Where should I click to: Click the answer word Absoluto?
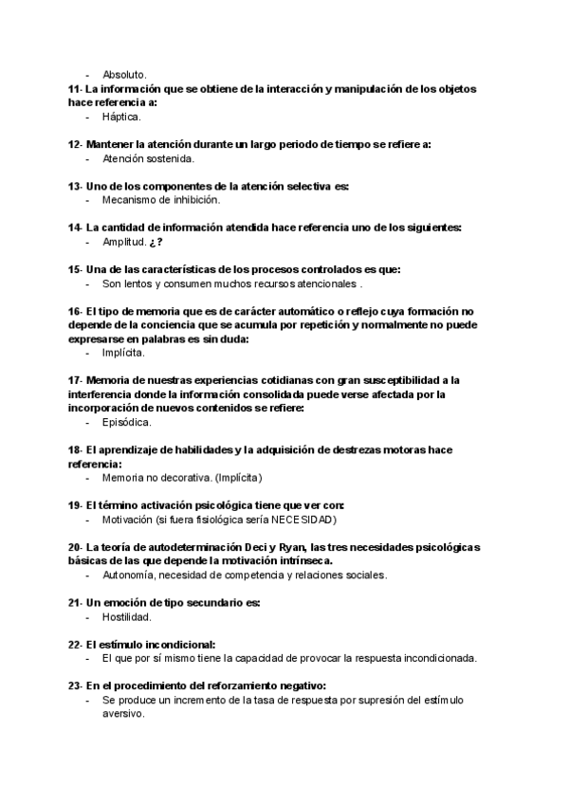(x=124, y=74)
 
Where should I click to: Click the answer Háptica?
(x=121, y=117)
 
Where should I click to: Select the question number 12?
(x=74, y=144)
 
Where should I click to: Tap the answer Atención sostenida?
(x=148, y=158)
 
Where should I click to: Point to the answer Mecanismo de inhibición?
(x=160, y=200)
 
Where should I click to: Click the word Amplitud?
(x=123, y=242)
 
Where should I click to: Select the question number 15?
(x=74, y=269)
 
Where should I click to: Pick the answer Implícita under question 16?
(x=123, y=353)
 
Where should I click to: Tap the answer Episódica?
(x=126, y=422)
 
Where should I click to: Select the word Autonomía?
(x=129, y=575)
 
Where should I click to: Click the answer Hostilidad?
(x=126, y=616)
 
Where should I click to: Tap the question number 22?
(x=74, y=644)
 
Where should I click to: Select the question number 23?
(x=74, y=685)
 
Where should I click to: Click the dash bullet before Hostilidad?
(x=88, y=616)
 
